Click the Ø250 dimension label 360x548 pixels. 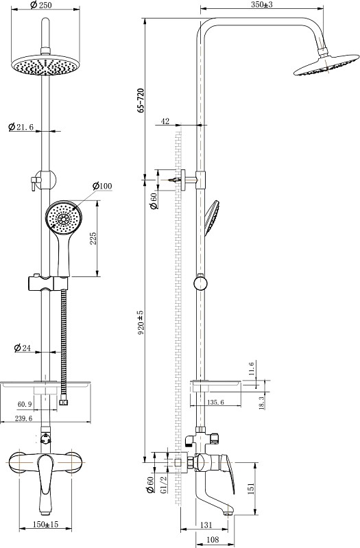(x=41, y=5)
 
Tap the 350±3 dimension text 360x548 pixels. (x=262, y=5)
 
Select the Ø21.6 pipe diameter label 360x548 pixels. (x=21, y=126)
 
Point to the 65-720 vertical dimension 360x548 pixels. (x=141, y=100)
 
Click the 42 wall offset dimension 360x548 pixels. (x=165, y=121)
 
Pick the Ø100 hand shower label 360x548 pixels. (x=102, y=186)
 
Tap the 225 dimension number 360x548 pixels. (x=93, y=238)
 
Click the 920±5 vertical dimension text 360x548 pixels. (x=141, y=323)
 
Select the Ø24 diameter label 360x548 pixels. (x=23, y=348)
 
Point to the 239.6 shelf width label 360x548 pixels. (x=23, y=418)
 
